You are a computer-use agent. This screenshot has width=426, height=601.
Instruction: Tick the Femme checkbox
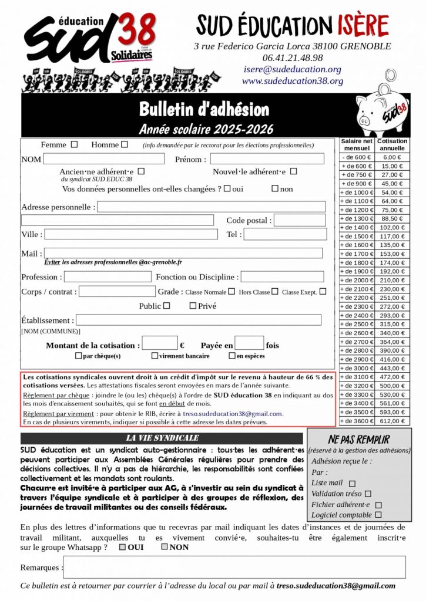(x=74, y=144)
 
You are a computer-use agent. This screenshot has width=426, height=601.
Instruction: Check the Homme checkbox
(x=124, y=144)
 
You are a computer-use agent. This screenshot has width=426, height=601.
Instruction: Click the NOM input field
(x=103, y=158)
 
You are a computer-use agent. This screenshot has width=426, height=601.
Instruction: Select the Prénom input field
(x=267, y=158)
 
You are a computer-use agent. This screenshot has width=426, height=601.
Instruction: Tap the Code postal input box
(x=300, y=220)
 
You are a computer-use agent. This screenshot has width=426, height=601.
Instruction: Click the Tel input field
(x=285, y=234)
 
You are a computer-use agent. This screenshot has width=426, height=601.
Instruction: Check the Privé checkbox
(x=193, y=306)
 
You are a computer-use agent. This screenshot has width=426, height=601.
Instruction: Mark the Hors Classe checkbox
(x=274, y=291)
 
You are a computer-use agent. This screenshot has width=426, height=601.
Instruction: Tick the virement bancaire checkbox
(x=155, y=356)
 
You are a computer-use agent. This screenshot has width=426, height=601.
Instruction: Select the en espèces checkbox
(x=232, y=356)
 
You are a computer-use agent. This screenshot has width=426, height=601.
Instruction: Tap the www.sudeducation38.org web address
(x=293, y=81)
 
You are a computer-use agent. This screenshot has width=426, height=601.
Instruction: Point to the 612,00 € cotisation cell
(x=391, y=421)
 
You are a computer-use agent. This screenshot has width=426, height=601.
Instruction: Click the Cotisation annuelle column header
(x=392, y=144)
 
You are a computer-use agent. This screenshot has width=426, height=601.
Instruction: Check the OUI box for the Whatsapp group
(x=122, y=547)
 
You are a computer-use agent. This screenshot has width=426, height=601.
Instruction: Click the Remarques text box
(x=234, y=567)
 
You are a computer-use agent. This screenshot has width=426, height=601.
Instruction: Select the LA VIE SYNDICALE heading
(x=163, y=438)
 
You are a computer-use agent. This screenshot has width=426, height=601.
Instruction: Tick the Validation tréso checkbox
(x=368, y=494)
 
